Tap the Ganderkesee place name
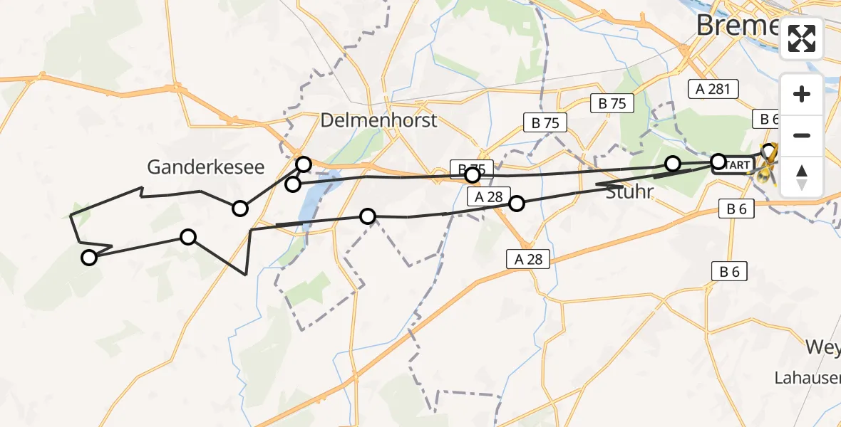(x=205, y=167)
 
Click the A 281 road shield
(x=713, y=89)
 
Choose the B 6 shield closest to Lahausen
(x=729, y=270)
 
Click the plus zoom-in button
(x=802, y=95)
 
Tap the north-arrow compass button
(x=802, y=176)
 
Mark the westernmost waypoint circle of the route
(x=89, y=258)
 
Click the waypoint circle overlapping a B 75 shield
(x=472, y=174)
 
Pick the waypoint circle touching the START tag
(x=718, y=161)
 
